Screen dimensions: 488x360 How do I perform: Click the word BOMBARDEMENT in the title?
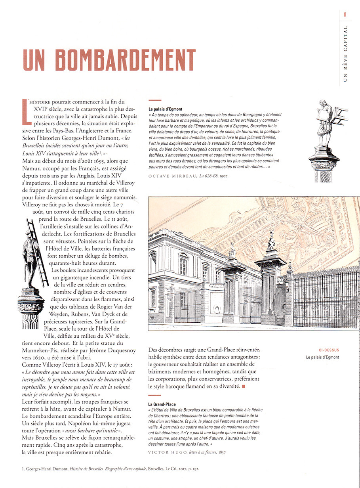pyautogui.click(x=126, y=60)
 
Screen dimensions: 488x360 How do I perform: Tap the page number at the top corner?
pyautogui.click(x=345, y=15)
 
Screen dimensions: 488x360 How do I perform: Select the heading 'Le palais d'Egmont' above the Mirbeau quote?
pyautogui.click(x=166, y=109)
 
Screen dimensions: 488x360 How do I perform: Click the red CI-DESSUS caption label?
pyautogui.click(x=329, y=350)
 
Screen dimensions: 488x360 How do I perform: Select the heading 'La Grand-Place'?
pyautogui.click(x=162, y=404)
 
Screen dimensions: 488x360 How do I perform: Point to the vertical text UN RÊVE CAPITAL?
pyautogui.click(x=345, y=54)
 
